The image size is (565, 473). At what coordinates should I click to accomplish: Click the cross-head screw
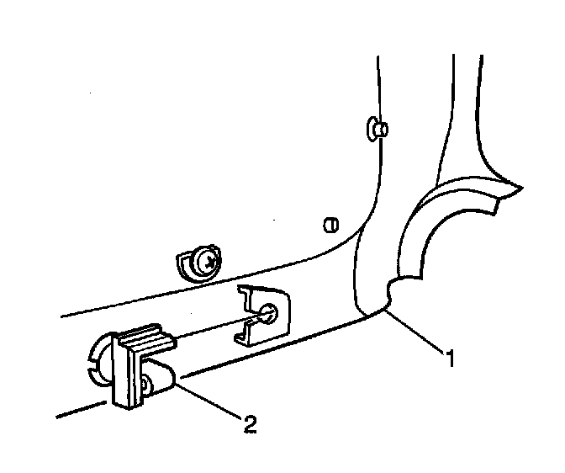(x=205, y=264)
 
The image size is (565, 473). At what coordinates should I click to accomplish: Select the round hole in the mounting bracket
(x=270, y=314)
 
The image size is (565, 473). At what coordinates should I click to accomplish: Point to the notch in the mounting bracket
(x=249, y=324)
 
